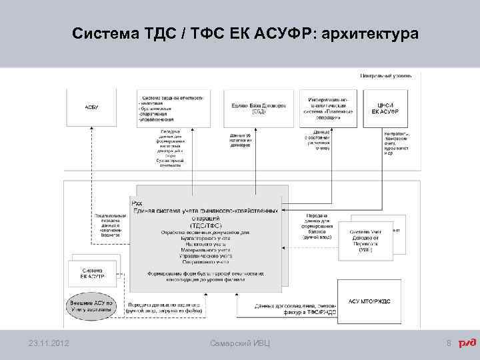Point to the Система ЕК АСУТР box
[91, 274]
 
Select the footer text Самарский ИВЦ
[240, 343]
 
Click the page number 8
[449, 343]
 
